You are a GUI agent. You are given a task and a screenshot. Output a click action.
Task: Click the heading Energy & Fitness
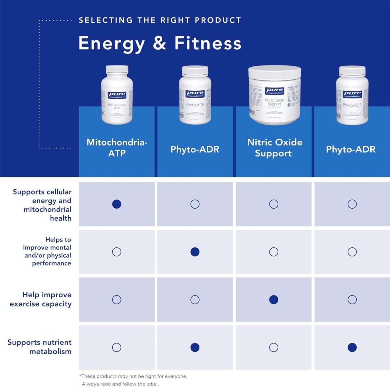(x=160, y=43)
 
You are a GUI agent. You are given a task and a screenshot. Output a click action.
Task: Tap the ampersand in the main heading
(x=159, y=43)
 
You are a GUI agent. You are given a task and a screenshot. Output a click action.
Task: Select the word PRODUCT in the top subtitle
(x=218, y=20)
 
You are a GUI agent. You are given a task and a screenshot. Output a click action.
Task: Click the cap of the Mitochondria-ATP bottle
(x=117, y=69)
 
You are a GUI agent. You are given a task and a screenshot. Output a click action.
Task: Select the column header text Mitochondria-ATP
(x=117, y=147)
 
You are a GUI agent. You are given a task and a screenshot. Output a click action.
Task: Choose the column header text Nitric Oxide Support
(x=274, y=147)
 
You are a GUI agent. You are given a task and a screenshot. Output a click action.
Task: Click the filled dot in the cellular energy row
(x=117, y=204)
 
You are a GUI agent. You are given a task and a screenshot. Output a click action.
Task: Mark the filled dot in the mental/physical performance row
(x=195, y=252)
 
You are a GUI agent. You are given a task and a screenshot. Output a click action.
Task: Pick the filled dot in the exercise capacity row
(x=273, y=300)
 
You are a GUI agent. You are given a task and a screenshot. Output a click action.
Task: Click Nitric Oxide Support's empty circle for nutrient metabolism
(x=273, y=347)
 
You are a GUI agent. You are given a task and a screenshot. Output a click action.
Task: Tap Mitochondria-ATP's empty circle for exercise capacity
(x=117, y=300)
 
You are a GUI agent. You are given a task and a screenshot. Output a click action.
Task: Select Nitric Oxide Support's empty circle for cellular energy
(x=273, y=204)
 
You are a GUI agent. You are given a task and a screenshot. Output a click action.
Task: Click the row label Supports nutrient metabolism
(x=40, y=347)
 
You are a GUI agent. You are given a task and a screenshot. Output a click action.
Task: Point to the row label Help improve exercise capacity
(x=41, y=299)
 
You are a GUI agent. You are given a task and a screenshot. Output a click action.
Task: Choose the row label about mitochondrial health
(x=42, y=205)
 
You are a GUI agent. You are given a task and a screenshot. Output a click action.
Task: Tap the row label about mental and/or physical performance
(x=47, y=252)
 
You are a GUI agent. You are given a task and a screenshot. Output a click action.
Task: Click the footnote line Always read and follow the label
(x=120, y=384)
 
